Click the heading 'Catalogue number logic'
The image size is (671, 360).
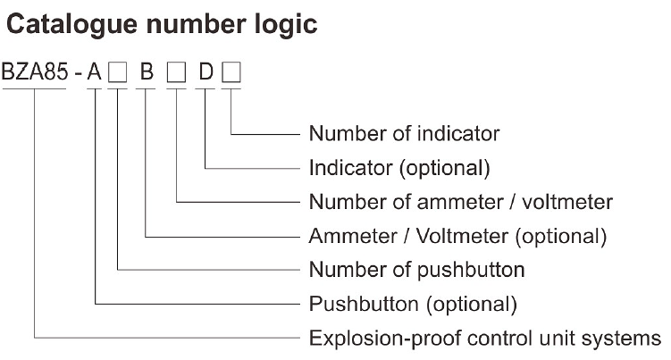[x=162, y=24]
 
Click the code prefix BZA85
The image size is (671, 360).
[x=35, y=72]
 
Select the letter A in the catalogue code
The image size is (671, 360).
[x=94, y=72]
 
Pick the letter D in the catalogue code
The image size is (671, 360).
[x=205, y=72]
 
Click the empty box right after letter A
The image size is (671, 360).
[x=117, y=73]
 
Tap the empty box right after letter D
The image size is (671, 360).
[x=231, y=73]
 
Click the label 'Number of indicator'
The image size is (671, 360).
[x=404, y=134]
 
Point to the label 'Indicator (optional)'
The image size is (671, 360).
[x=399, y=168]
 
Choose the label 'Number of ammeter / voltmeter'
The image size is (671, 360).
[x=461, y=202]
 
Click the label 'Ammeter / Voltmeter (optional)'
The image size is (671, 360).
[x=457, y=236]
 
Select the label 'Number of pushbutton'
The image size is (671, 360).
[x=416, y=270]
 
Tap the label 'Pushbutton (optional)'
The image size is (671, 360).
[x=413, y=304]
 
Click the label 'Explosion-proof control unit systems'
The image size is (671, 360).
[x=484, y=338]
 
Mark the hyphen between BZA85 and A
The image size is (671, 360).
[x=78, y=73]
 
